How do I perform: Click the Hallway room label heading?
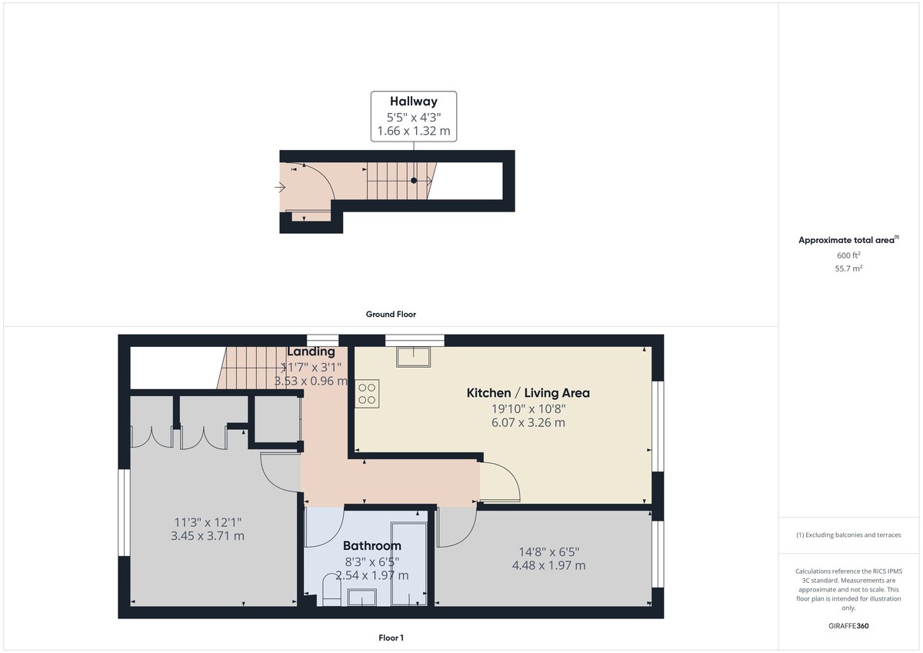click(x=413, y=102)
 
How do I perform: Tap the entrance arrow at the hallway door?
click(x=280, y=187)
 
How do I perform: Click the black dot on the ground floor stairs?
click(x=414, y=181)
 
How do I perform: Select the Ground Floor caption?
click(x=391, y=314)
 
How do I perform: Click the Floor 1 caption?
click(x=391, y=638)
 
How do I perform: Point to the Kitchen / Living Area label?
click(x=528, y=393)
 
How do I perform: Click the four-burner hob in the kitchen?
click(x=367, y=394)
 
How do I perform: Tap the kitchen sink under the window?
click(x=414, y=357)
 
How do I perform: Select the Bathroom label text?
click(x=372, y=546)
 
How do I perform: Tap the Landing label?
click(x=311, y=352)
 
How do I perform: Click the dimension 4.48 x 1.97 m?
click(x=548, y=565)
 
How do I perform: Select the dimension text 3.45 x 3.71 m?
click(x=207, y=535)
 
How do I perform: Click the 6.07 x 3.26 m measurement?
click(x=528, y=422)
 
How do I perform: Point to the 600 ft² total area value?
click(x=849, y=255)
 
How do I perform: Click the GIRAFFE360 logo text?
click(x=850, y=626)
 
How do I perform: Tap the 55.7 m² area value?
click(x=849, y=269)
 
